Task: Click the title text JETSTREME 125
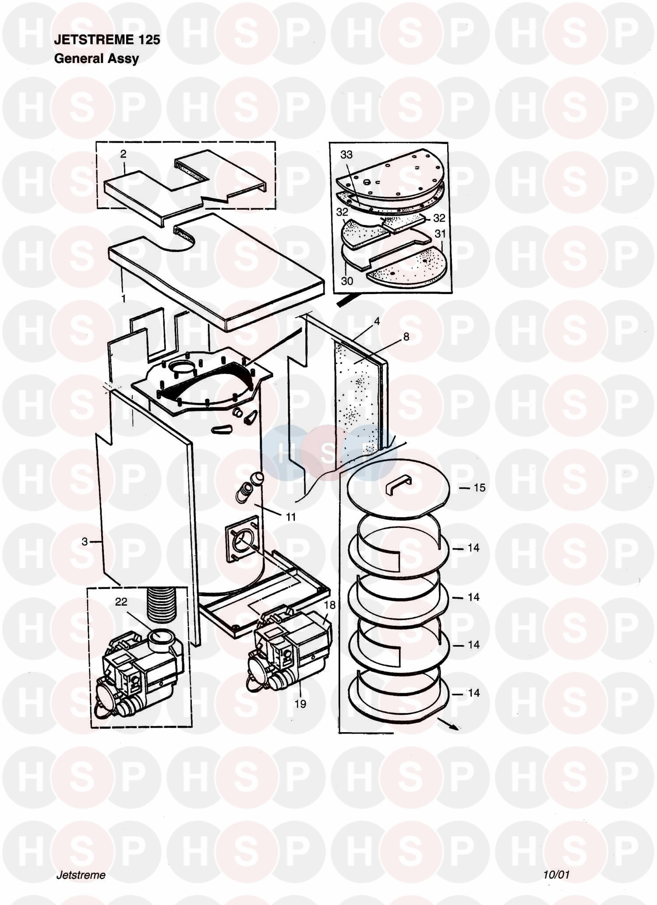107,40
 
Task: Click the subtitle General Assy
96,59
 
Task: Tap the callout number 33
346,154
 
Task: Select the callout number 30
347,281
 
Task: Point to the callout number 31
440,234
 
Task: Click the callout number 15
480,488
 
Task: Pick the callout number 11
291,517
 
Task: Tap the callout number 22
121,602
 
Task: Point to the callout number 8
406,337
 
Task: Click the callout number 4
377,321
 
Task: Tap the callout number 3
85,542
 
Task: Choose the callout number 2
124,154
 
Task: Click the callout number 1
124,298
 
